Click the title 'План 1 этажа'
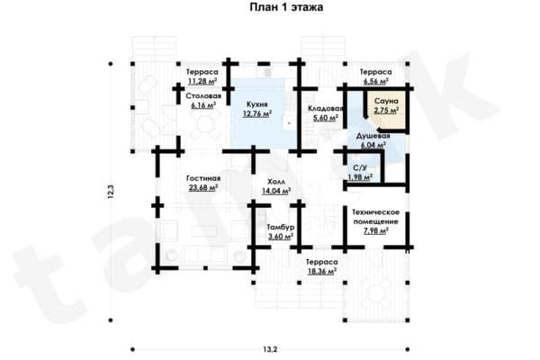286,7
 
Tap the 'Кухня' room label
256,104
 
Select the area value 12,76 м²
257,113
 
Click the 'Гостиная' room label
203,178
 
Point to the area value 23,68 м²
202,188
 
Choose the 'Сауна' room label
386,102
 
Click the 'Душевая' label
373,136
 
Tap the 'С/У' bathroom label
360,168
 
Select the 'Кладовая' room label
325,109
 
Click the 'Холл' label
276,182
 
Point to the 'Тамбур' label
281,228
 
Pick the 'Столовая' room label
203,96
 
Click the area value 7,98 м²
376,230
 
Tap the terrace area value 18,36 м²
322,272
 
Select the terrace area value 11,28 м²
202,82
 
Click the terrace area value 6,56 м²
376,82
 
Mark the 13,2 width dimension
270,349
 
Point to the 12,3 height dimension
111,193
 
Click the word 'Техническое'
375,212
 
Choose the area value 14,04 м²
276,191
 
